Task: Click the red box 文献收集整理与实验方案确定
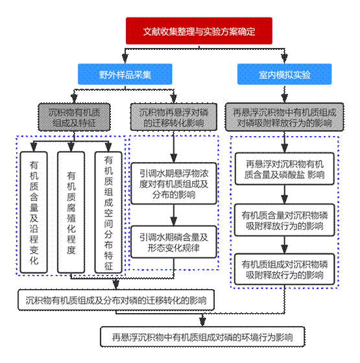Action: [199, 31]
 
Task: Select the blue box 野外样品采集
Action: [125, 74]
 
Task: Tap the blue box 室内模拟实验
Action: [285, 74]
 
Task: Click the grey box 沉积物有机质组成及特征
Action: [74, 117]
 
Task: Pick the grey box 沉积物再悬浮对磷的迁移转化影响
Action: [174, 117]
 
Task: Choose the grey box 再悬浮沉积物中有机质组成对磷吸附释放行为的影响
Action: [285, 117]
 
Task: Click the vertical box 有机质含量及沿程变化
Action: [34, 213]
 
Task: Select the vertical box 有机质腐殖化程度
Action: [71, 213]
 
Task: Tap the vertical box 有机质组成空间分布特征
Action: [108, 213]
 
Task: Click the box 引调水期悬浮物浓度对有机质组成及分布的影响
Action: [174, 183]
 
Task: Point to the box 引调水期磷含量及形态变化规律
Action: [174, 242]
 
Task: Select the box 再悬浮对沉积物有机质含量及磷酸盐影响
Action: [285, 169]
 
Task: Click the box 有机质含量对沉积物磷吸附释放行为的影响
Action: [285, 220]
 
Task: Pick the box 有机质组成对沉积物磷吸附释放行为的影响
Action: [285, 269]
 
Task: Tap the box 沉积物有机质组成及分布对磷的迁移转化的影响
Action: [116, 300]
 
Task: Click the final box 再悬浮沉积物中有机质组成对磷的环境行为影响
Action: [202, 337]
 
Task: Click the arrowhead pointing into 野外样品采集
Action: [125, 59]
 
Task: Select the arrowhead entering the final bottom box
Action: [202, 322]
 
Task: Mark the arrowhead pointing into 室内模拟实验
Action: [285, 59]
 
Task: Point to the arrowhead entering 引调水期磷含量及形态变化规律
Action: [174, 221]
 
